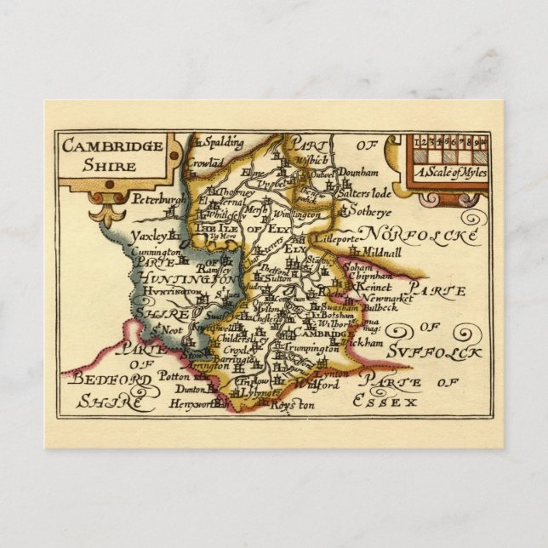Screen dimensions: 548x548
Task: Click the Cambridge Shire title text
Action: tap(112, 154)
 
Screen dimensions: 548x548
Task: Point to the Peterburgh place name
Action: tap(158, 200)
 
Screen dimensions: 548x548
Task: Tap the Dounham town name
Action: tap(357, 171)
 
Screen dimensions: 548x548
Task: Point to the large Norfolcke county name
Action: tap(420, 233)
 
